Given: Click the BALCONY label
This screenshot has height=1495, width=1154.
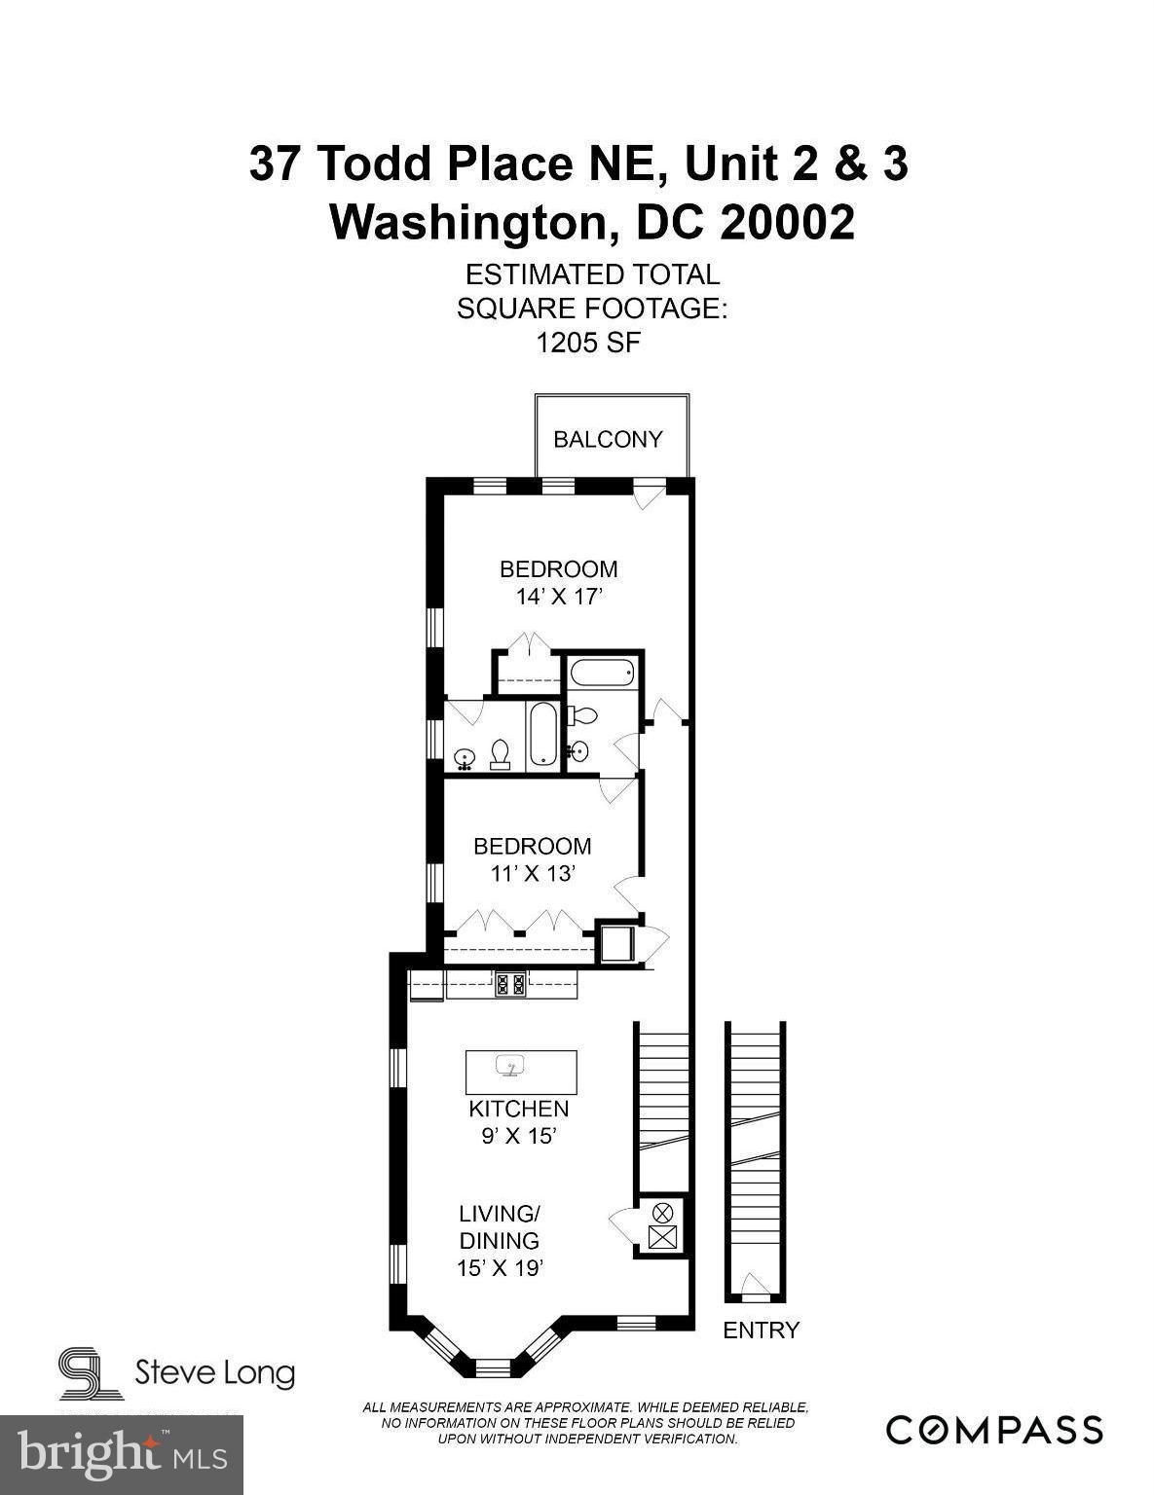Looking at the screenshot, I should click(608, 439).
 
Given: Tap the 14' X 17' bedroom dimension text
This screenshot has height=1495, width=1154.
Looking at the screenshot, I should click(558, 596).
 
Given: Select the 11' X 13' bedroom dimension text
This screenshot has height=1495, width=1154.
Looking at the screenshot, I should click(532, 873).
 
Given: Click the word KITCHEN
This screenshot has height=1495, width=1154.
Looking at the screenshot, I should click(518, 1109).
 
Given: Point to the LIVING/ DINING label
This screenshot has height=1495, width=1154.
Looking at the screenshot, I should click(499, 1227).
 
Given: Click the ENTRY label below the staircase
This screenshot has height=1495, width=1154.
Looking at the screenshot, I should click(761, 1330).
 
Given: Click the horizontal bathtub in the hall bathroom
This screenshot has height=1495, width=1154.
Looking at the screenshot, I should click(604, 673).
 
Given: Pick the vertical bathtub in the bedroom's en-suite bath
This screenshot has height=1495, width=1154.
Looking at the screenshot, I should click(541, 737).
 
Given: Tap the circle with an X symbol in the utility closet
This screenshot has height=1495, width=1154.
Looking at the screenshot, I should click(662, 1212).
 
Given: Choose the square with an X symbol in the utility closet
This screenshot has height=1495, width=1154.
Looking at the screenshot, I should click(662, 1237).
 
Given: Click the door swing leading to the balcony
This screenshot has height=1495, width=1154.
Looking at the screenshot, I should click(645, 495).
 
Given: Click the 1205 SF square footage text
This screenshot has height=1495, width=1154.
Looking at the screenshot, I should click(587, 343).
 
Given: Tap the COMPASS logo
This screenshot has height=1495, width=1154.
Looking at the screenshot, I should click(994, 1430).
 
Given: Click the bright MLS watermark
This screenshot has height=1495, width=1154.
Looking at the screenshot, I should click(122, 1454).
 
